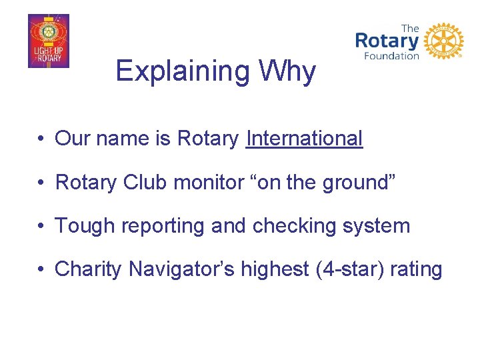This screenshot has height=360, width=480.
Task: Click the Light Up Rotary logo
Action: point(48,41)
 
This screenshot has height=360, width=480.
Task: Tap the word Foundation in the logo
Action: point(391,56)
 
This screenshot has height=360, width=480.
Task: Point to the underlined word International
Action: point(304,139)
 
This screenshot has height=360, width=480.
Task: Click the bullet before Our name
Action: point(41,139)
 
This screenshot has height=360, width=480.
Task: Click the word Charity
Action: point(89,269)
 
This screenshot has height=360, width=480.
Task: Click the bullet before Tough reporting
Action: point(41,226)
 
